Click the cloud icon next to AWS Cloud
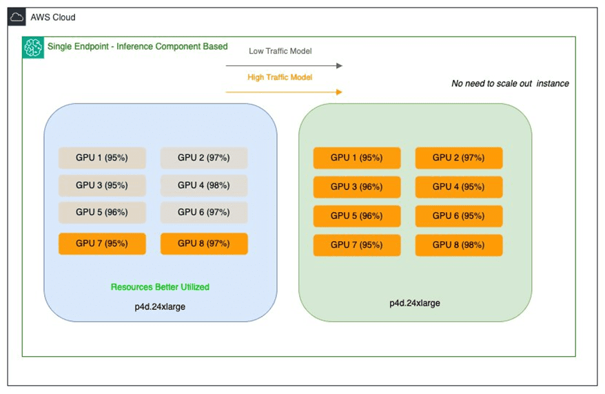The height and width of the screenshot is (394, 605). click(18, 17)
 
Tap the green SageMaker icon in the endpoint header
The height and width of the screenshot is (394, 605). click(33, 48)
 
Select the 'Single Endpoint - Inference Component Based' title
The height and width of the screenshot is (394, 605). click(136, 47)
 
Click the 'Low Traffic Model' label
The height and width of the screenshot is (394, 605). click(280, 51)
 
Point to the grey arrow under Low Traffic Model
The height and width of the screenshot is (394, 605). click(284, 65)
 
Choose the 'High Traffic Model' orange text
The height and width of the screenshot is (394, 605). click(280, 77)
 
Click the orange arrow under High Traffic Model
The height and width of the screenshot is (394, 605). click(284, 92)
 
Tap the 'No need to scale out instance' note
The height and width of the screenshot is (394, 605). click(510, 83)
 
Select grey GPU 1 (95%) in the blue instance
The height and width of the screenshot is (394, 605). click(102, 158)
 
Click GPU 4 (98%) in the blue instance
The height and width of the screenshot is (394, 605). click(204, 185)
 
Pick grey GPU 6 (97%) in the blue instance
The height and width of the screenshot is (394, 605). click(204, 212)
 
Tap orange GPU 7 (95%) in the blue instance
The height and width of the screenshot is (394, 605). click(102, 244)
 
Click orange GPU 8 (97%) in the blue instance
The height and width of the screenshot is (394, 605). click(204, 244)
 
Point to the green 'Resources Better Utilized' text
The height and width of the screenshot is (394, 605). click(160, 287)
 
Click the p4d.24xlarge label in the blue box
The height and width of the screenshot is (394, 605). click(160, 307)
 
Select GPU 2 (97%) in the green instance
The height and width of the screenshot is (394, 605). click(459, 158)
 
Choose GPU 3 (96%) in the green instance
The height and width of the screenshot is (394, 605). click(357, 187)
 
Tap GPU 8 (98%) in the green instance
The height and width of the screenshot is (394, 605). click(459, 245)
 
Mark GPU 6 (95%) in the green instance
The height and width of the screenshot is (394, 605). click(459, 216)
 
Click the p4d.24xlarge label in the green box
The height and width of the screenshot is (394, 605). click(415, 303)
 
